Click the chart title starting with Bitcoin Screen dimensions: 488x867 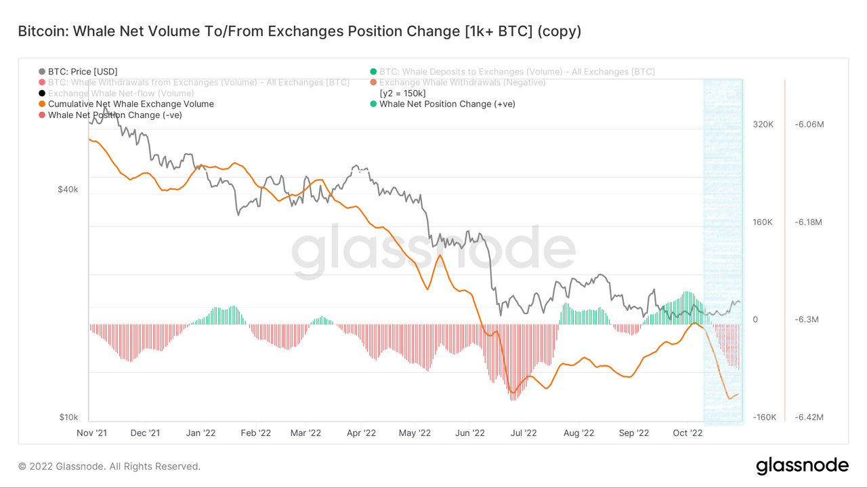(x=299, y=31)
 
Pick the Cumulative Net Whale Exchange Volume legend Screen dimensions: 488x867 (x=131, y=104)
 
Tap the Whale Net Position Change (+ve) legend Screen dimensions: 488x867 (x=447, y=104)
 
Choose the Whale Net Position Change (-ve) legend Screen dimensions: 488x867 (x=114, y=115)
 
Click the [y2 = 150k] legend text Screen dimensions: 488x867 (x=402, y=93)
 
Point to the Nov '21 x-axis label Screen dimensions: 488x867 (x=91, y=432)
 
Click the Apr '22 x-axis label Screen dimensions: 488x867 (x=361, y=432)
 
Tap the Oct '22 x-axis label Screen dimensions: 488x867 (x=687, y=432)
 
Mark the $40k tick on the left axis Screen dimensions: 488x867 (x=68, y=190)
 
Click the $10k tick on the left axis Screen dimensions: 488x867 (x=68, y=417)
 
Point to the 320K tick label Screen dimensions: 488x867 (x=763, y=125)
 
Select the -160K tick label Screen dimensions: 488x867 (x=764, y=417)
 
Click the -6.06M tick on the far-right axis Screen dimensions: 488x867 (x=805, y=125)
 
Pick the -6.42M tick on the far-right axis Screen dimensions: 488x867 (x=805, y=417)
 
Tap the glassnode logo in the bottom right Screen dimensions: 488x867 (x=802, y=466)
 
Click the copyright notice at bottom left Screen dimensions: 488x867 (x=109, y=466)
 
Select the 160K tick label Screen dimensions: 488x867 (x=763, y=222)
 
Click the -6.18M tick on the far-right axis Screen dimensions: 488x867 (x=805, y=222)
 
